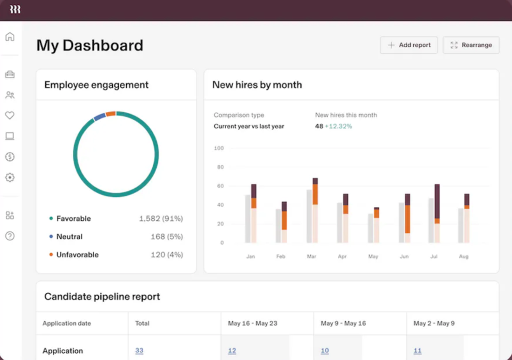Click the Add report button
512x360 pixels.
(409, 45)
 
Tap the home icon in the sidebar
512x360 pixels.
(10, 36)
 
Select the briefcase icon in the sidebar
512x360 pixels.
(10, 74)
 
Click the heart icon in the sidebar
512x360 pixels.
(10, 115)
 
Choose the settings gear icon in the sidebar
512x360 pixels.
(10, 177)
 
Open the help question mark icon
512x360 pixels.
(10, 236)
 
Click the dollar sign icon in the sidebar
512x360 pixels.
(10, 157)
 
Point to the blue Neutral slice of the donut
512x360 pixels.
(99, 116)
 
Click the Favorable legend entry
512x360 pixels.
(73, 218)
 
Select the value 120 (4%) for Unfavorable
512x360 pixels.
(166, 254)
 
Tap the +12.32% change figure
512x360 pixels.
(338, 126)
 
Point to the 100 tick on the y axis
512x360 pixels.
(218, 148)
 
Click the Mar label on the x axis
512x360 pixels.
(311, 256)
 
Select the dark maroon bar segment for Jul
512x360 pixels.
(437, 201)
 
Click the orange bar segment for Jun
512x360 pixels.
(407, 219)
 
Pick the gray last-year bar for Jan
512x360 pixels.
(248, 218)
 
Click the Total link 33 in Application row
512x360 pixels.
(139, 351)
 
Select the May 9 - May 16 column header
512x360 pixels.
(343, 323)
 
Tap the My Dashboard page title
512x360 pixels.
(90, 45)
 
